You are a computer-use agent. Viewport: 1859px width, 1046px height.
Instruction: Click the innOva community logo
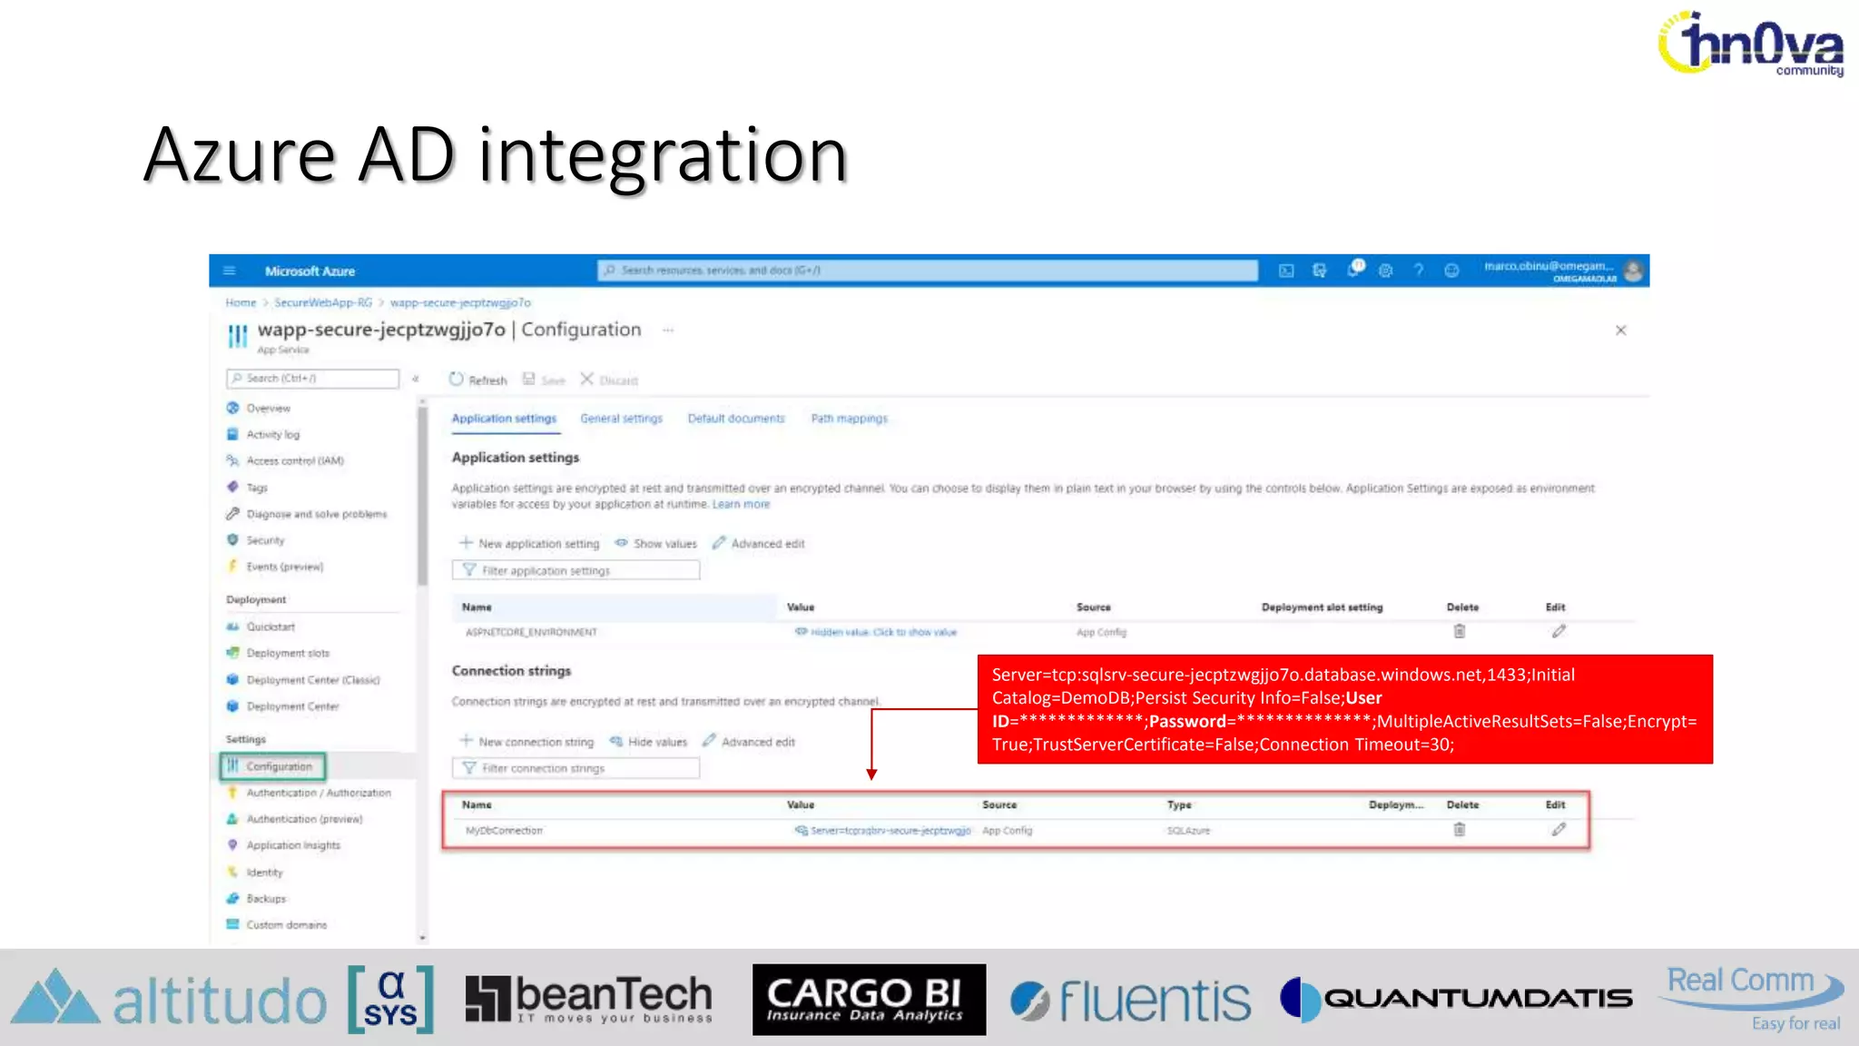coord(1751,44)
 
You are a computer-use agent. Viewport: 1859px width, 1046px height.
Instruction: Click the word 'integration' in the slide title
coord(663,155)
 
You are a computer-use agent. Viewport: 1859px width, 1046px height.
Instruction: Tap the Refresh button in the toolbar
coord(478,380)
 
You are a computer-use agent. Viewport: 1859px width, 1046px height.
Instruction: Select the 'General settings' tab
coord(621,419)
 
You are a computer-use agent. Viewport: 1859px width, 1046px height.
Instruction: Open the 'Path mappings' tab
coord(849,419)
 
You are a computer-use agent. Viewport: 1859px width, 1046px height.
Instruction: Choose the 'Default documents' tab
coord(735,419)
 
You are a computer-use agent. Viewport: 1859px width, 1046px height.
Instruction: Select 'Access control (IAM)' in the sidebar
coord(294,461)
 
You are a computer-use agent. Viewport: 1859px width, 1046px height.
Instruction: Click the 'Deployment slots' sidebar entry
coord(287,653)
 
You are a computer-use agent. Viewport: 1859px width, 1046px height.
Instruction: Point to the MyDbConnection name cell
coord(504,831)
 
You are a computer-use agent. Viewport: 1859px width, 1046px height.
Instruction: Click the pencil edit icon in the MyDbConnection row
coord(1559,830)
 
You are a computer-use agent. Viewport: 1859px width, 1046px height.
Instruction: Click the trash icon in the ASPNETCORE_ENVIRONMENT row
coord(1460,632)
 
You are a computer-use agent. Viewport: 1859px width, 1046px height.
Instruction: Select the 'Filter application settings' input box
coord(575,570)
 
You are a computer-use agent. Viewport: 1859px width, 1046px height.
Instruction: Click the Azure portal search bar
coord(927,271)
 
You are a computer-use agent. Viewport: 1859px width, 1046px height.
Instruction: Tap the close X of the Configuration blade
coord(1620,331)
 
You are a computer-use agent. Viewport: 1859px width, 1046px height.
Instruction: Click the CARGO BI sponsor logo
coord(869,1000)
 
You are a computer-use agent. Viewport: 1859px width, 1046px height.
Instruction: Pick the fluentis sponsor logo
coord(1131,1001)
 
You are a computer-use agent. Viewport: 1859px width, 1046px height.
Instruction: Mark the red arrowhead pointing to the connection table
coord(871,774)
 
